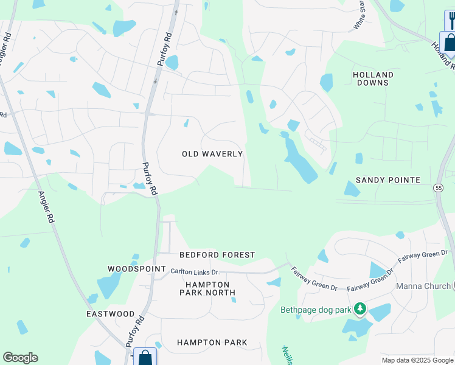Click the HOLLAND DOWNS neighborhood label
[373, 78]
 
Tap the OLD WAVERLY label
[212, 155]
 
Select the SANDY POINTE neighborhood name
[387, 180]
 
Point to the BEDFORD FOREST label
[217, 255]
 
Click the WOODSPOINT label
[137, 269]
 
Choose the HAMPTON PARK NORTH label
[207, 288]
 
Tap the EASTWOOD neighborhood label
[110, 314]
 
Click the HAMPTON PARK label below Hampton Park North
[212, 342]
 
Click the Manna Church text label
[422, 286]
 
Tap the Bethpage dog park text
[316, 310]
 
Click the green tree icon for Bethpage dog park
[361, 310]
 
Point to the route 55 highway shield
[439, 189]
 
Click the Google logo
[20, 358]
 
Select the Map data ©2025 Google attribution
[417, 360]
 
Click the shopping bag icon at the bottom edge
[145, 357]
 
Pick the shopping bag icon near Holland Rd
[450, 42]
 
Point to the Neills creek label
[287, 355]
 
